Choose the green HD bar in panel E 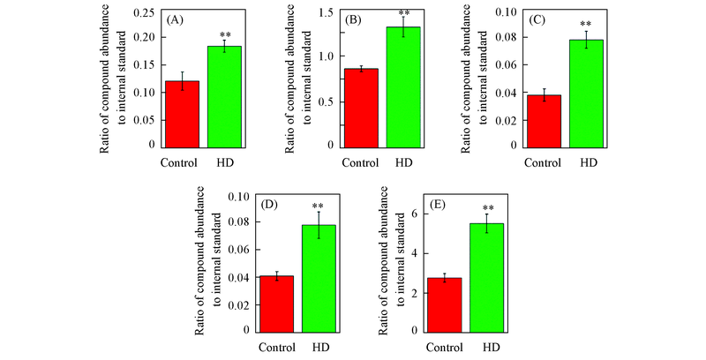coord(492,277)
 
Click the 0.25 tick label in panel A coord(140,11)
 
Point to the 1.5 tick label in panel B coord(327,11)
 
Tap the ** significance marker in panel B coord(404,13)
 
